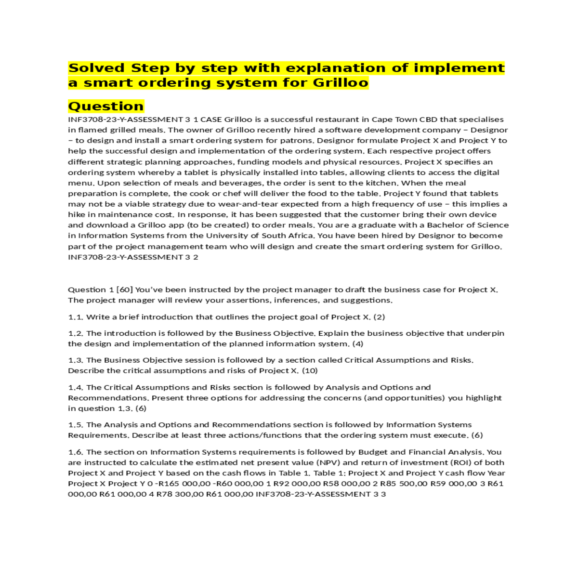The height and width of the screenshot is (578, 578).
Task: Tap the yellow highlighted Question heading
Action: click(106, 106)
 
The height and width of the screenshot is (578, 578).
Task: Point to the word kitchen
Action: click(382, 183)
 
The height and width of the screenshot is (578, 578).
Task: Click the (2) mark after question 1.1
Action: click(379, 317)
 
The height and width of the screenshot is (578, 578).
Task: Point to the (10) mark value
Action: click(310, 370)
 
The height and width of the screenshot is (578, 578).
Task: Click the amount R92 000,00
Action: click(297, 484)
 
